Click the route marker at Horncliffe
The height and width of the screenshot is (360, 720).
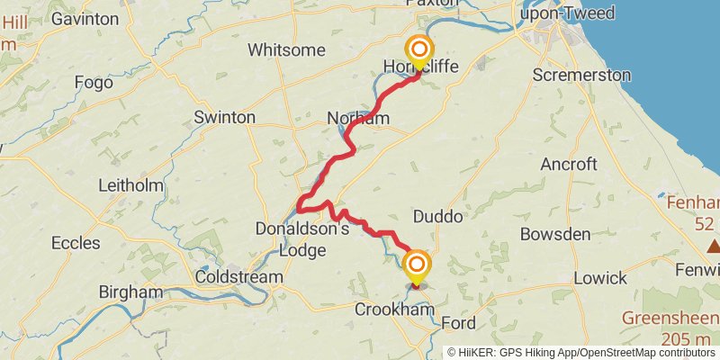pyautogui.click(x=419, y=49)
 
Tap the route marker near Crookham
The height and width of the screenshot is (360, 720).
pyautogui.click(x=417, y=265)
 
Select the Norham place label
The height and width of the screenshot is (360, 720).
pyautogui.click(x=358, y=119)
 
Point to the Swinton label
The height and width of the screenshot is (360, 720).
pyautogui.click(x=225, y=118)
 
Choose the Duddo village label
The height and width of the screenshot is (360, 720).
pyautogui.click(x=437, y=217)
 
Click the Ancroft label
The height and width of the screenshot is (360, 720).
pyautogui.click(x=569, y=164)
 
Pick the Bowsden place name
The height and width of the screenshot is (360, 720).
pyautogui.click(x=555, y=235)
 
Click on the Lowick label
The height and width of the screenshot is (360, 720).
pyautogui.click(x=599, y=277)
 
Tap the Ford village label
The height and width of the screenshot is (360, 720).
pyautogui.click(x=459, y=323)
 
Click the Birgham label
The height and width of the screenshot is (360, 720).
pyautogui.click(x=131, y=292)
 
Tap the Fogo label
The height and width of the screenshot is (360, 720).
pyautogui.click(x=94, y=83)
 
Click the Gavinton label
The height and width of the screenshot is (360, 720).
pyautogui.click(x=85, y=18)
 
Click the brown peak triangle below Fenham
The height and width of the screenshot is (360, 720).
pyautogui.click(x=714, y=246)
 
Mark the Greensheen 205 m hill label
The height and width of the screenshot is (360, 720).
pyautogui.click(x=669, y=328)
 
